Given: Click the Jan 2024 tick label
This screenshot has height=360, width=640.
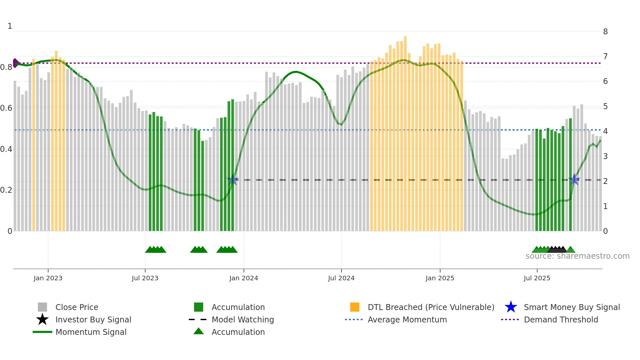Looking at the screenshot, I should pos(244,278).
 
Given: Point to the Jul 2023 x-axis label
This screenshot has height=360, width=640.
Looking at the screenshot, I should pos(145,278).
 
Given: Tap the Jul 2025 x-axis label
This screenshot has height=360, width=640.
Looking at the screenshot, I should pos(537,278).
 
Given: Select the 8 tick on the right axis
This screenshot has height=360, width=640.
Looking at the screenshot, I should pos(605,32).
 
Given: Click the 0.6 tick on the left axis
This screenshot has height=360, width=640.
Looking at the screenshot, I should pos(6,108).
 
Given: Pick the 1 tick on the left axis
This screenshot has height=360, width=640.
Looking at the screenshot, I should pos(10,26).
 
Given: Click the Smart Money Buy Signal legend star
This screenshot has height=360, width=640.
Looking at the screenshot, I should pos(511,307).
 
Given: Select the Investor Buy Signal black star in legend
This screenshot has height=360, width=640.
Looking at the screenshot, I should pos(42,319).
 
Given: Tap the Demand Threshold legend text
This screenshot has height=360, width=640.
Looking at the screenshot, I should pos(561,319).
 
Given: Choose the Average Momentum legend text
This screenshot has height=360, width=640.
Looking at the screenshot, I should pos(407,319).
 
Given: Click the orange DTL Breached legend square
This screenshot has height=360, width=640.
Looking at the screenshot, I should pos(355,307).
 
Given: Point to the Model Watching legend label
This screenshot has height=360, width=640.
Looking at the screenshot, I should pos(243,319).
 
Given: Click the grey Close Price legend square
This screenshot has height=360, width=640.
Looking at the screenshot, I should pos(42,307).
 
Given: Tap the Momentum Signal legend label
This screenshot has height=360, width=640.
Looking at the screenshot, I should pos(91,332).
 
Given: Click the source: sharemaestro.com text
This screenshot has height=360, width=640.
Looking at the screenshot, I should pos(577,256).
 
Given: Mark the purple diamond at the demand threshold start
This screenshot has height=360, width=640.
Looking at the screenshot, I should pos(15,63).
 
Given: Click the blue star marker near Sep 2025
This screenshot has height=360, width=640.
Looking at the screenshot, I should pos(574,180).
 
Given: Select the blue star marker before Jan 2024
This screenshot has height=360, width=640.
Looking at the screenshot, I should pos(232,180).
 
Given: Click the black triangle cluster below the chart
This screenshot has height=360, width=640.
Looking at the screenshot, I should pos(557,250).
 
